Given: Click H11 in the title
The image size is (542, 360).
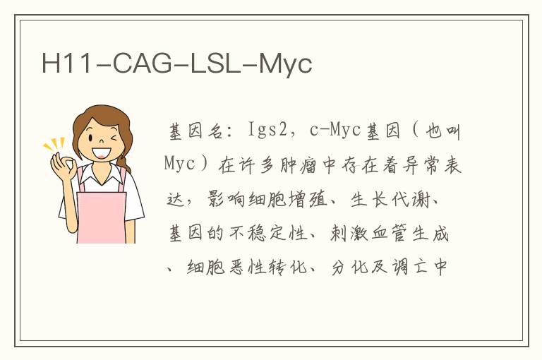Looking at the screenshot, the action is tap(66, 64).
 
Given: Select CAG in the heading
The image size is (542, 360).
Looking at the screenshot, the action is tap(143, 64).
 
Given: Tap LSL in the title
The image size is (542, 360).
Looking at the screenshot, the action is tap(215, 64).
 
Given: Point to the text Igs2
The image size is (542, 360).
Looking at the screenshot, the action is tap(268, 131).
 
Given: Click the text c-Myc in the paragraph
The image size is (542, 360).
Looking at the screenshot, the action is tap(335, 130).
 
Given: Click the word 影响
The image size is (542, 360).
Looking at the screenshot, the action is tap(226, 199).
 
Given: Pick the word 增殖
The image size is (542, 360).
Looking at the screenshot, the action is tap(308, 199).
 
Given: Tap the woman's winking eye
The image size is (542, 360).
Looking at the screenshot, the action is tap(114, 138).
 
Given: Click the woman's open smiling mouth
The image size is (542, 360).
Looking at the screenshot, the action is tap(102, 153).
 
